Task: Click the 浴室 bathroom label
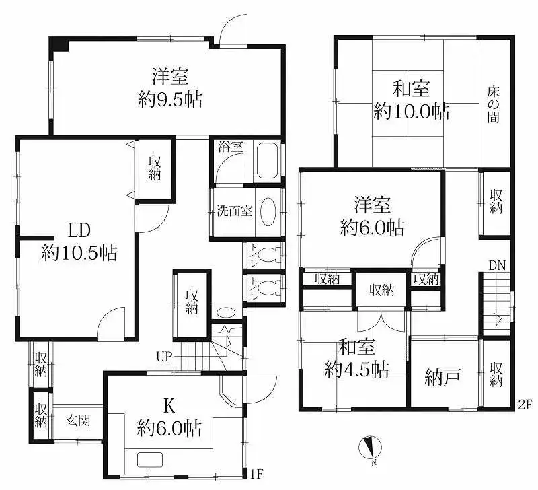pyautogui.click(x=229, y=147)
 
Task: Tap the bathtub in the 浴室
pyautogui.click(x=267, y=160)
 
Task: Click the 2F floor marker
pyautogui.click(x=525, y=405)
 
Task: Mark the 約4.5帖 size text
pyautogui.click(x=356, y=369)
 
